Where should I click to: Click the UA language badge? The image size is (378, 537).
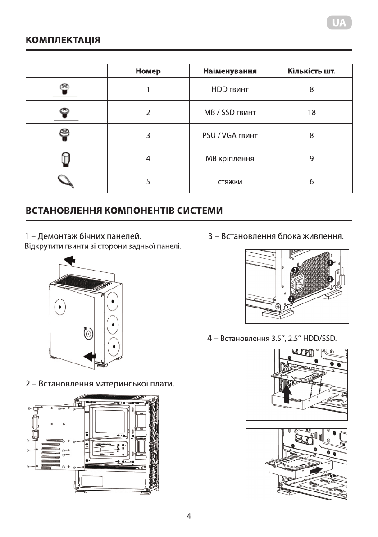(x=339, y=23)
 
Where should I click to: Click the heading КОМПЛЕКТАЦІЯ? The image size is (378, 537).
(x=63, y=41)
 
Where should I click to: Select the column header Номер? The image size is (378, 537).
(x=148, y=71)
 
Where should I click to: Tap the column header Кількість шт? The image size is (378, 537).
(x=311, y=71)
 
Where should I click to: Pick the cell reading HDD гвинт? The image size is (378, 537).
(x=230, y=90)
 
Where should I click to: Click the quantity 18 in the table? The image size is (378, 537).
(x=311, y=112)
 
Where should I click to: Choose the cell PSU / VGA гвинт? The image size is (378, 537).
(x=230, y=135)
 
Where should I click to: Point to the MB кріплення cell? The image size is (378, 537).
(x=230, y=159)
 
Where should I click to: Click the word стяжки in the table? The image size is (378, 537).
(x=230, y=182)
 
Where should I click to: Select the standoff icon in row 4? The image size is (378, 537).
(x=64, y=159)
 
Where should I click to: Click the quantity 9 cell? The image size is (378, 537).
(x=311, y=159)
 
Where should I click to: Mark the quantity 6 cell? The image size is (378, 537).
(x=311, y=182)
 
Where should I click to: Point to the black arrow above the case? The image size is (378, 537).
(x=70, y=260)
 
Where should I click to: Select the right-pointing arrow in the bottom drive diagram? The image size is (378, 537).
(x=316, y=470)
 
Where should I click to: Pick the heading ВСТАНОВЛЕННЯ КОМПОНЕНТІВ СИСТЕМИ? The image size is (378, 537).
(x=124, y=211)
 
